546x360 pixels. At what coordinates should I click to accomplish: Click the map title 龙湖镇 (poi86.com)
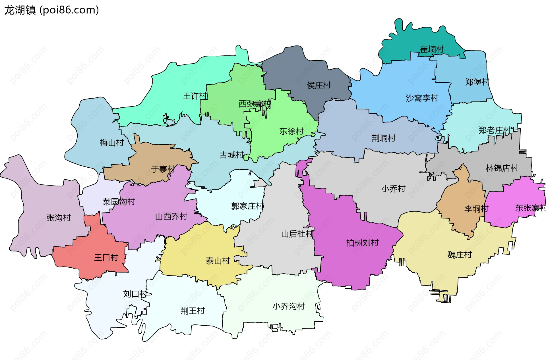[x=51, y=10]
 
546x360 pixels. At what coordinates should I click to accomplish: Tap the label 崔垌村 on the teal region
[x=432, y=49]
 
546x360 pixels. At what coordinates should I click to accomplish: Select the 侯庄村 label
[x=318, y=85]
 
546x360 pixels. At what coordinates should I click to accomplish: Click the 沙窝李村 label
[x=422, y=98]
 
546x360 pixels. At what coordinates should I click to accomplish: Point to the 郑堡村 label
[x=477, y=82]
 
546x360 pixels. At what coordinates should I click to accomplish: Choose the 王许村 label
[x=195, y=96]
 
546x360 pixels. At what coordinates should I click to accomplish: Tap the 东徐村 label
[x=291, y=131]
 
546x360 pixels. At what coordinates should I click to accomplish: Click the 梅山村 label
[x=111, y=142]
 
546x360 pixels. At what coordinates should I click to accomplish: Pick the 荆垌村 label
[x=383, y=138]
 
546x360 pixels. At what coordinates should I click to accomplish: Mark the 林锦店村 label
[x=502, y=168]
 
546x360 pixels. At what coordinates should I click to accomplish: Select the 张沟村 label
[x=58, y=218]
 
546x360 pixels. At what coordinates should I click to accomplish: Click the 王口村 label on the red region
[x=106, y=258]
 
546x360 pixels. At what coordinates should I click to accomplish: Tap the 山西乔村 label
[x=171, y=217]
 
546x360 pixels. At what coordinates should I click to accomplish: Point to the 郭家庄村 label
[x=247, y=206]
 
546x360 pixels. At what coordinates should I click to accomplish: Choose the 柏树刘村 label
[x=362, y=243]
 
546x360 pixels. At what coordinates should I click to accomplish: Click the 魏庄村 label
[x=459, y=255]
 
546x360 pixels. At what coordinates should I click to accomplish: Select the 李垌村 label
[x=476, y=209]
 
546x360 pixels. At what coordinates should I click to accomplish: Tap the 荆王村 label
[x=193, y=311]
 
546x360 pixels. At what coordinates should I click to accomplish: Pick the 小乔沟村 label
[x=289, y=306]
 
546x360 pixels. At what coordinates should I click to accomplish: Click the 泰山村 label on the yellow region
[x=218, y=261]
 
